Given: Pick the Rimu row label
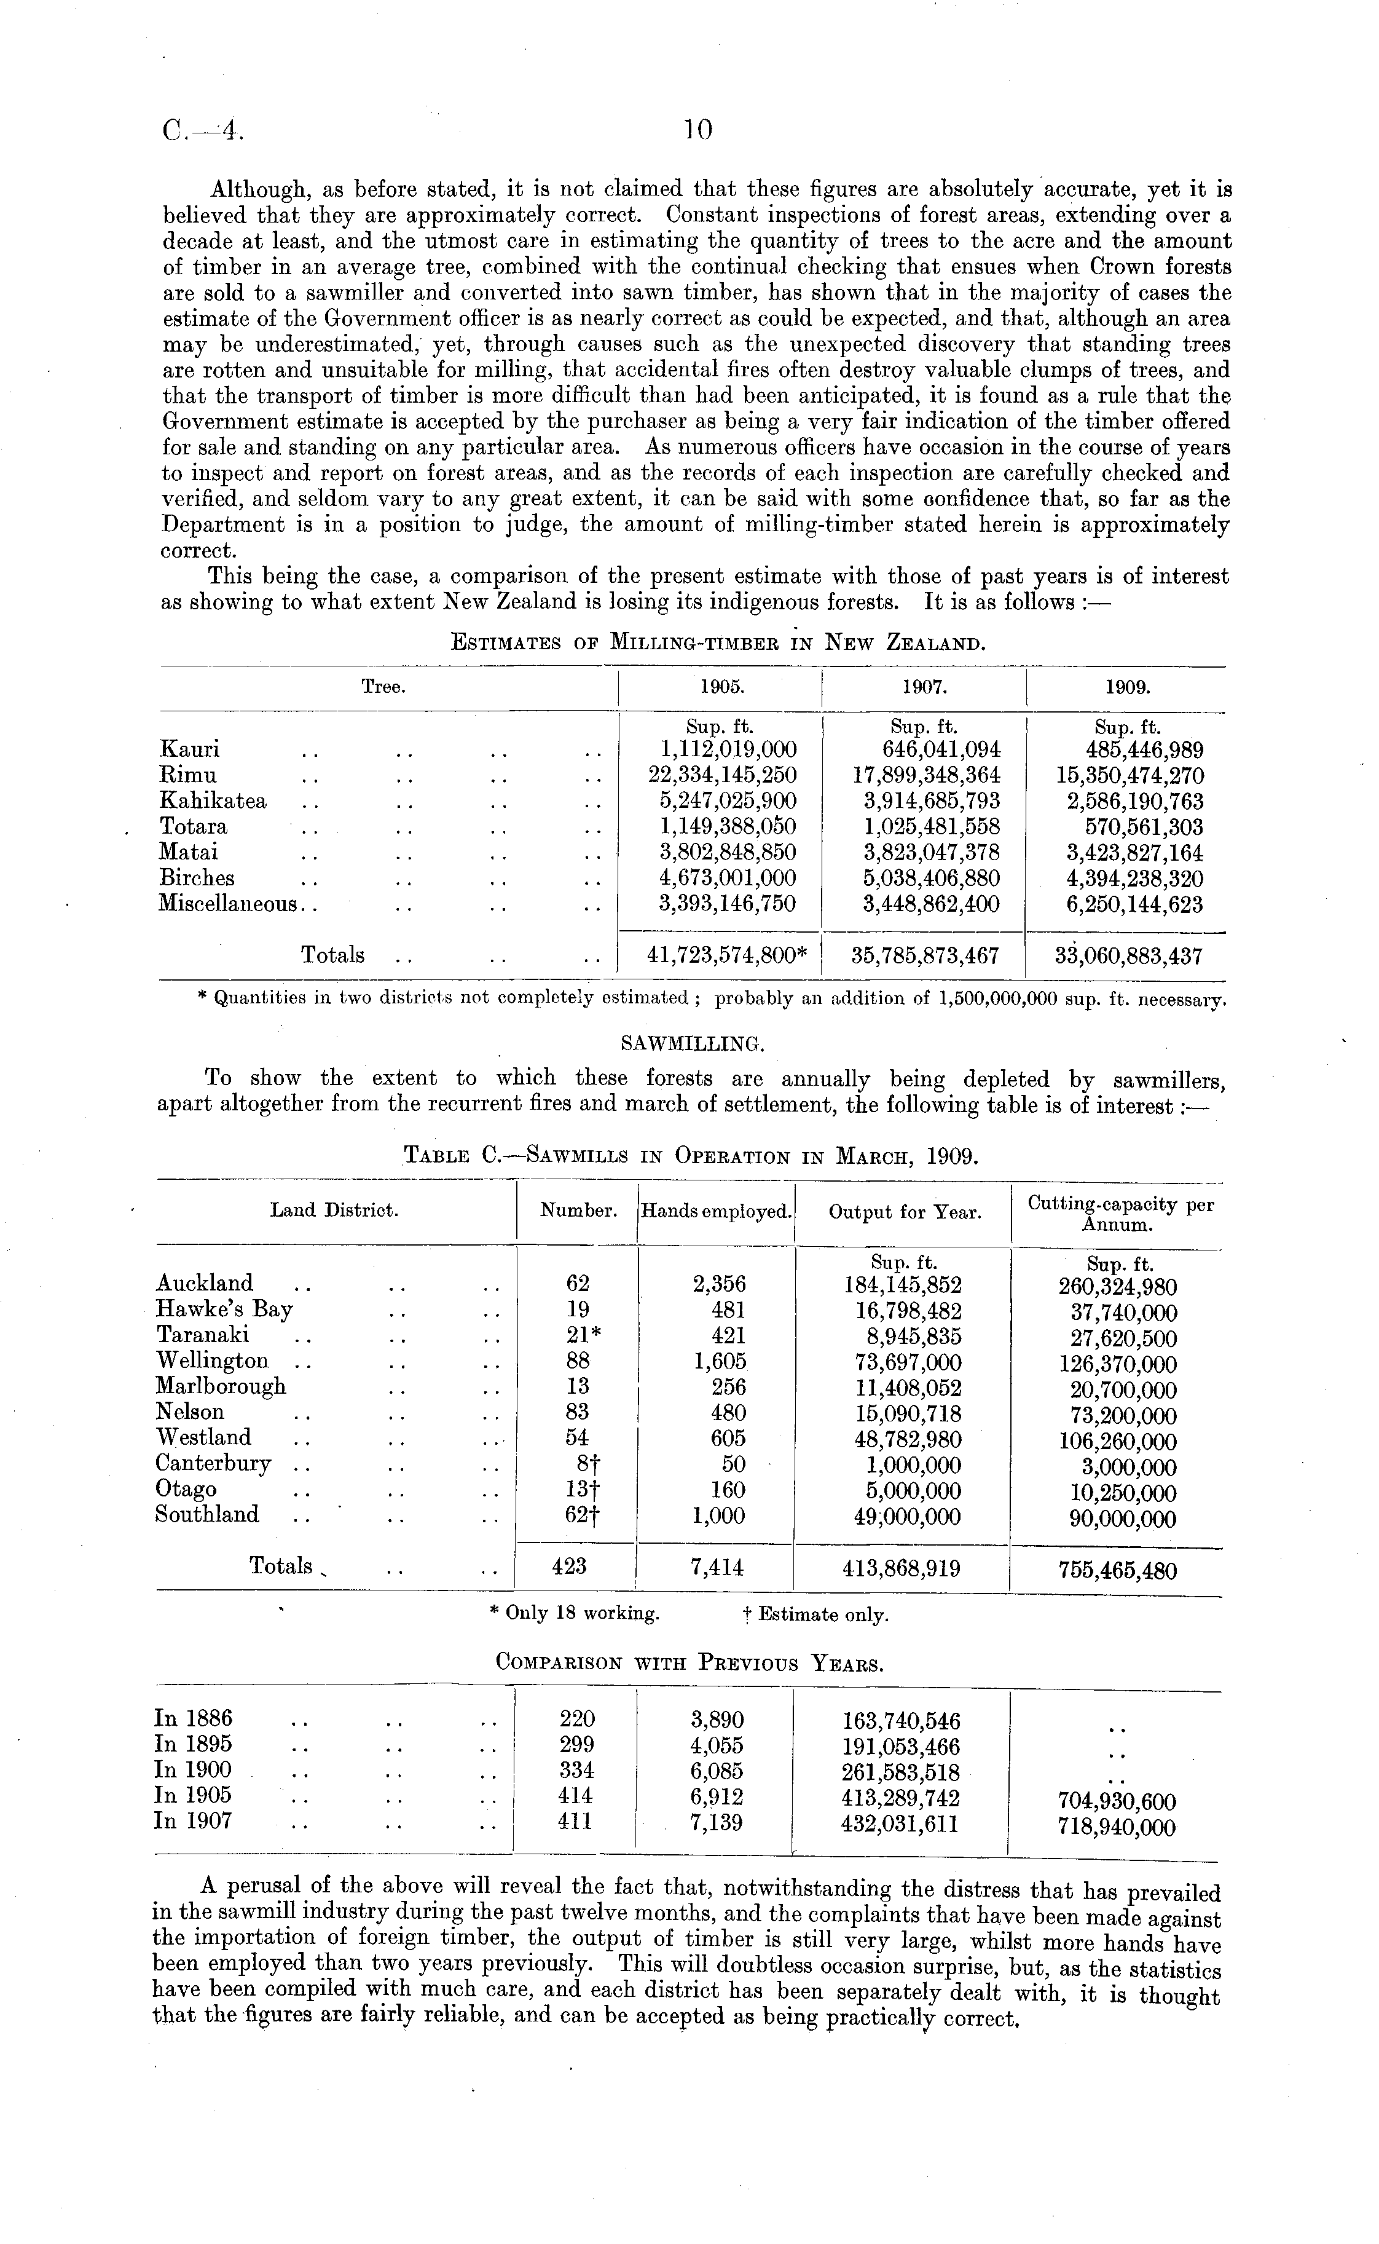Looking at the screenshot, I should tap(189, 775).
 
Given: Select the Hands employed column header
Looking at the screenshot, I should tap(716, 1211).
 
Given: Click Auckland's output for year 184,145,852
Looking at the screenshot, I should tap(903, 1284).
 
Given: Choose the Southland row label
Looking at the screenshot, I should tap(207, 1514).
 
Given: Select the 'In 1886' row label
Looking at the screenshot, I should tap(194, 1718).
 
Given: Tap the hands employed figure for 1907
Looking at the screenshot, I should tap(717, 1822).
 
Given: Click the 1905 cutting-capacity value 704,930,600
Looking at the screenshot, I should tap(1117, 1801).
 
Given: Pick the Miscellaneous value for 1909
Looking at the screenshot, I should tap(1134, 905).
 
